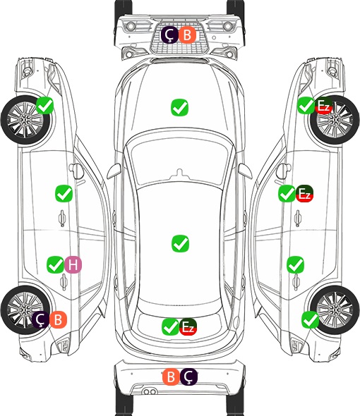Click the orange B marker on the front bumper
coord(187,35)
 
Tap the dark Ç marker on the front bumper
coord(170,35)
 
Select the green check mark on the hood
coord(180,107)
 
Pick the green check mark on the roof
coord(181,243)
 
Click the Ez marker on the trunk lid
coord(188,326)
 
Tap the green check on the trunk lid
coord(171,326)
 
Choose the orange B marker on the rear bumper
coord(171,377)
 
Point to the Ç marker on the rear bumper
coord(188,377)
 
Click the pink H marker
coord(73,265)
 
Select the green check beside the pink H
coord(56,265)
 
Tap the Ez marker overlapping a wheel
coord(323,106)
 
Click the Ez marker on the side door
coord(304,193)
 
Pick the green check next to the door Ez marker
coord(287,193)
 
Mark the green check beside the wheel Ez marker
coord(306,106)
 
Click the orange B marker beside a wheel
coord(58,319)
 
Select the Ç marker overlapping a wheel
coord(41,319)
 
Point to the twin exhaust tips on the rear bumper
coord(150,391)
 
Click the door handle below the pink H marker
coord(64,282)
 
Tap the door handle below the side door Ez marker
coord(298,218)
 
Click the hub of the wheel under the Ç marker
coord(25,310)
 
